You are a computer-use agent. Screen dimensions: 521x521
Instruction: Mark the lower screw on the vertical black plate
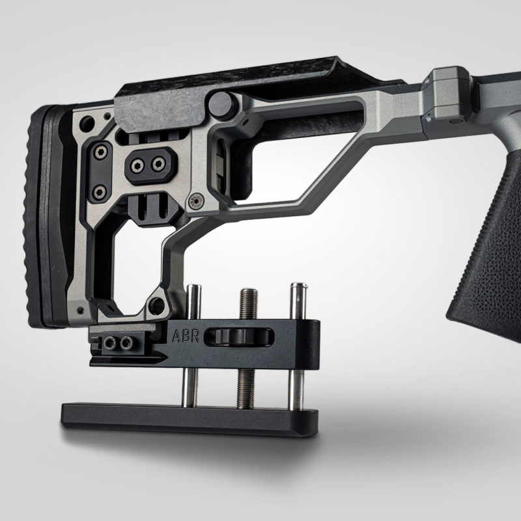[x=100, y=191]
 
